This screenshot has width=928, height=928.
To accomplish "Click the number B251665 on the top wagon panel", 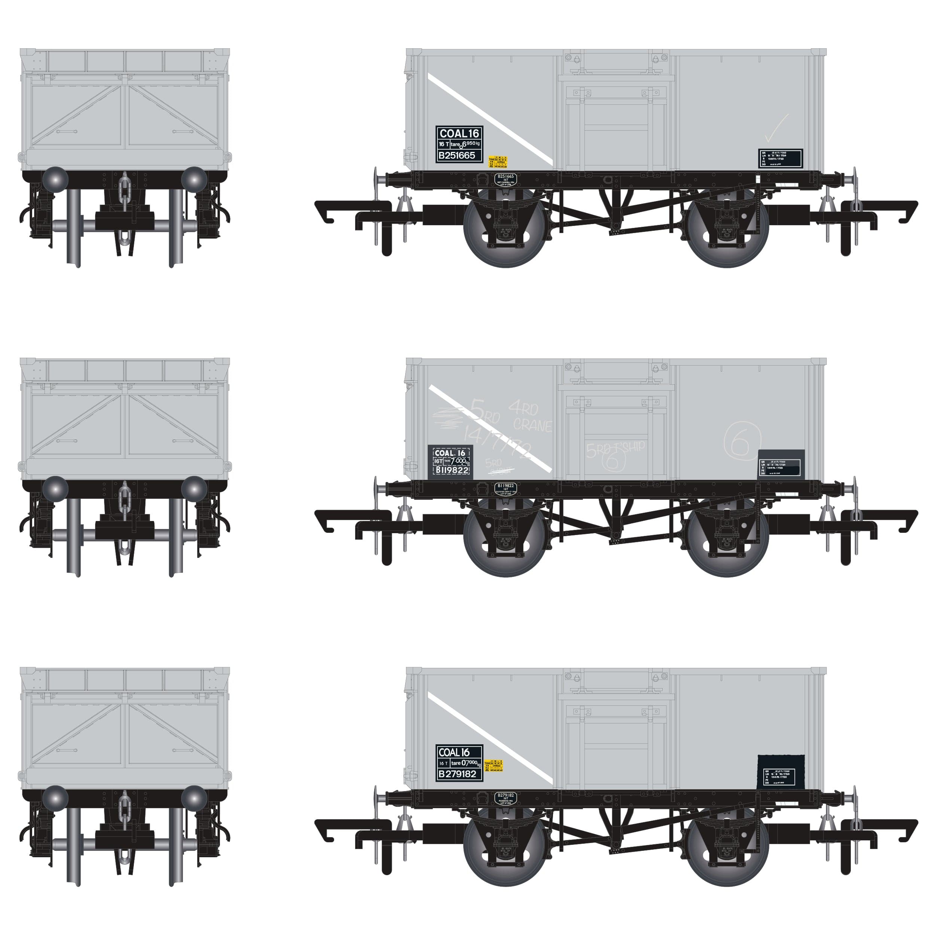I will (457, 156).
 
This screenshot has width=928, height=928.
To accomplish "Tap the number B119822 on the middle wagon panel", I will (452, 471).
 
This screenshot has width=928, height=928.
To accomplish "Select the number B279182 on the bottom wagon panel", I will (457, 774).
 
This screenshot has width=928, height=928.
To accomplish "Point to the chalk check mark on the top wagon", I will (776, 129).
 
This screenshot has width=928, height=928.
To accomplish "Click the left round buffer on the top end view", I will (55, 180).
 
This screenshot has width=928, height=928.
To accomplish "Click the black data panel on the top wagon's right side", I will (781, 159).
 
